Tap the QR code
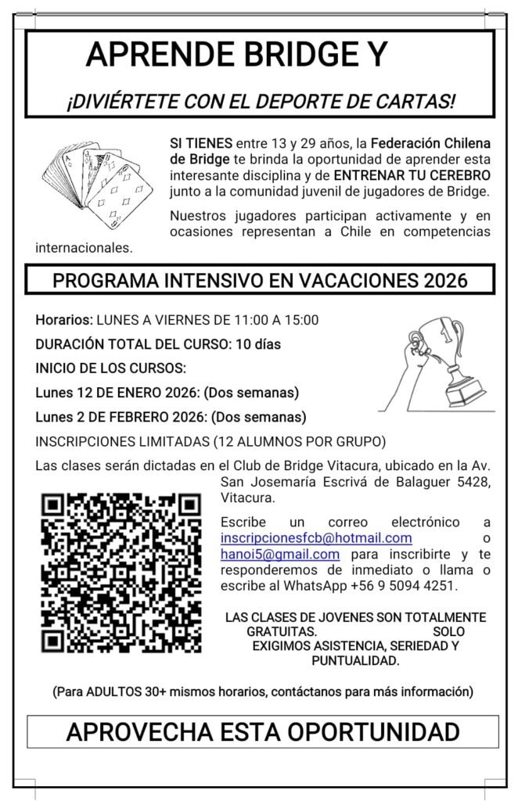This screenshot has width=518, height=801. tap(121, 572)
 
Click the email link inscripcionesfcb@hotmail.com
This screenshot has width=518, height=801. tap(316, 538)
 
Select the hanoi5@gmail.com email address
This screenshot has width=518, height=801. tap(280, 554)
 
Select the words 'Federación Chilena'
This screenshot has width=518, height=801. tap(430, 143)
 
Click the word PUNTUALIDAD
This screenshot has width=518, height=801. tap(355, 661)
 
